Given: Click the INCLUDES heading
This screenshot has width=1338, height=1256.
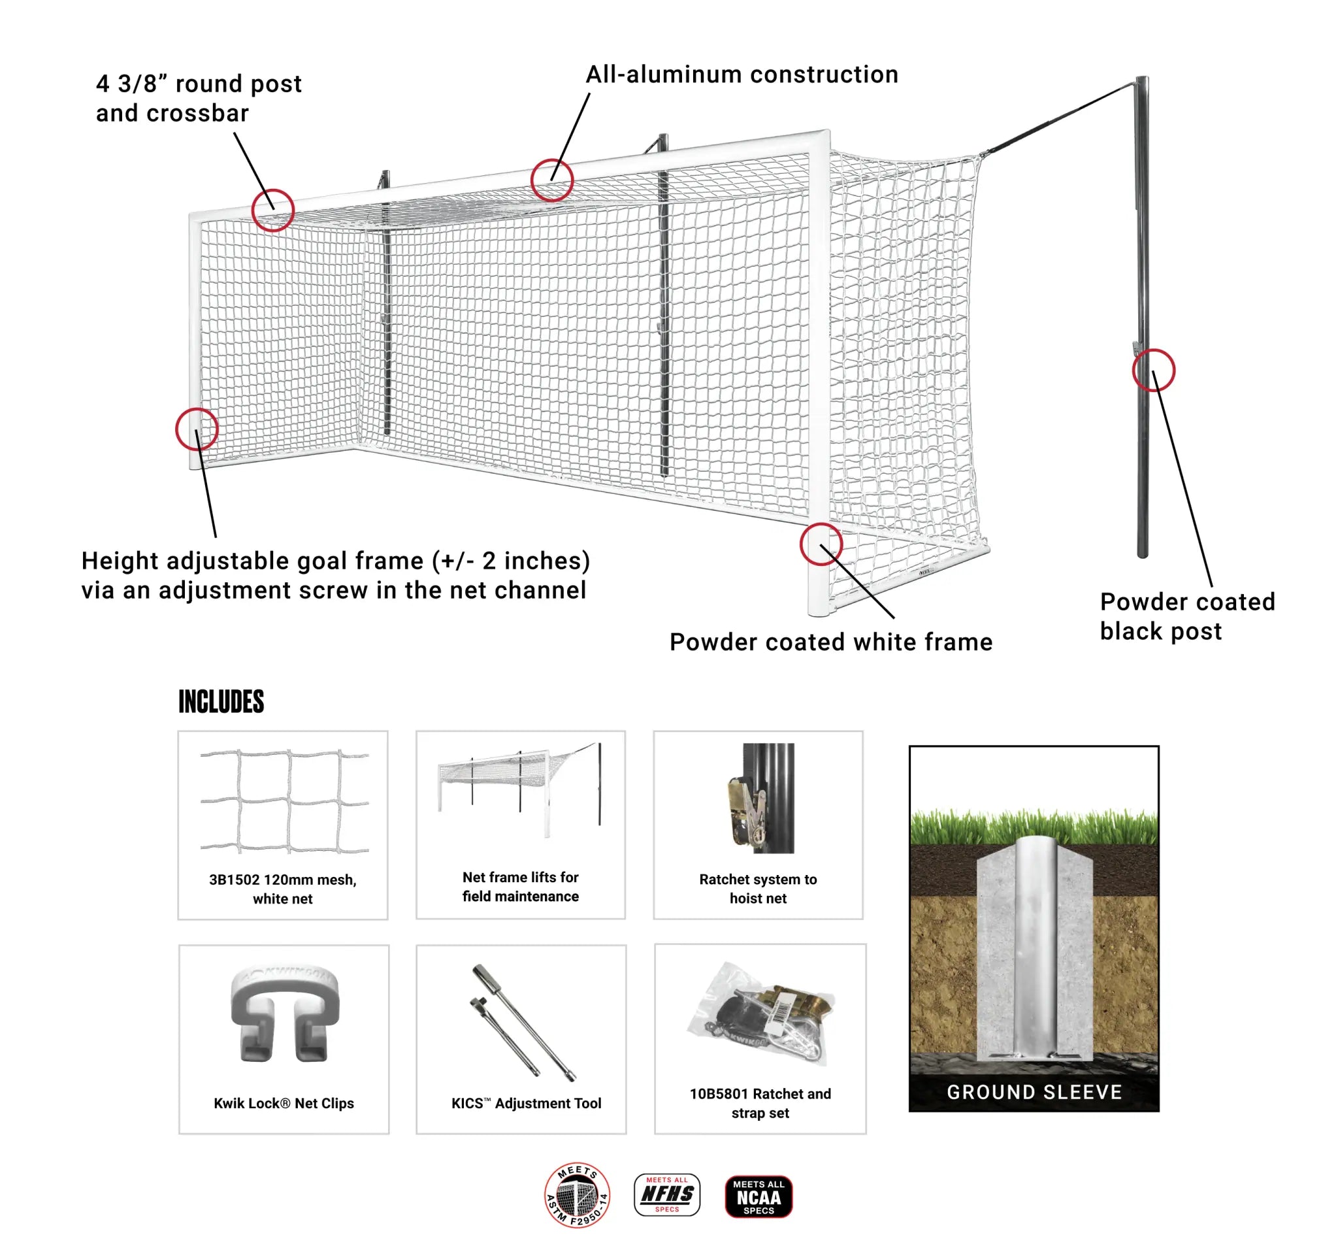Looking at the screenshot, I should coord(221,702).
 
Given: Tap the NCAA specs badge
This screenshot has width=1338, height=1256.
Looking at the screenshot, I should coord(759,1197).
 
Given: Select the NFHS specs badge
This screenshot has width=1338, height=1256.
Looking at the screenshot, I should coord(667,1195).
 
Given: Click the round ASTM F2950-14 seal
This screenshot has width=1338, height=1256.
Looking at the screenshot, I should coord(577,1195).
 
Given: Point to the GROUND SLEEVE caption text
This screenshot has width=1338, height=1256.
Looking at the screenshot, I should coord(1034,1093).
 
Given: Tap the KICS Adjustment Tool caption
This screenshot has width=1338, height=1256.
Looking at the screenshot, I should coord(526,1104).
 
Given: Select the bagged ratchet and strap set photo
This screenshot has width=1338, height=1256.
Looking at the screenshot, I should coord(761,1015).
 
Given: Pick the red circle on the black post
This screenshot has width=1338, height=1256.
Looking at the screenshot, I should coord(1154,371).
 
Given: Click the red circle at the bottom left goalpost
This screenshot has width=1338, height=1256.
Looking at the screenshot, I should coord(197,429).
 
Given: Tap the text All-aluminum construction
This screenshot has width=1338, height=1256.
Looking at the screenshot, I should coord(742,74).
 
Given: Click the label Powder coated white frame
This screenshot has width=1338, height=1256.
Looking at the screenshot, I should coord(830,642).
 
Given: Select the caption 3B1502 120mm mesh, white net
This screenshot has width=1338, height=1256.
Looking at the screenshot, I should coord(283,889).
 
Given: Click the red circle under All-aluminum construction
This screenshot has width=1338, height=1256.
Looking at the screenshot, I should coord(552,180).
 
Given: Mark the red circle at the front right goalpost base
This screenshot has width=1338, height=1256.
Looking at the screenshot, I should coord(821,544).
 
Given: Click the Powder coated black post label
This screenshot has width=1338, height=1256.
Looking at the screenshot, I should coord(1187,616).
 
